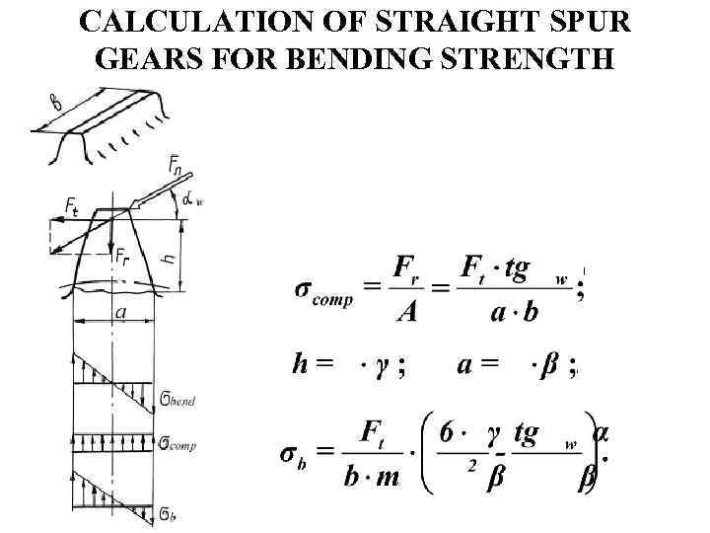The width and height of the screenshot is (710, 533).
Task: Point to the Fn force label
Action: click(x=176, y=166)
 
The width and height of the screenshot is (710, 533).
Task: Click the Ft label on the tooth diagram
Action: click(x=72, y=205)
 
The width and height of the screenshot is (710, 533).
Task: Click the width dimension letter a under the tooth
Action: click(x=120, y=312)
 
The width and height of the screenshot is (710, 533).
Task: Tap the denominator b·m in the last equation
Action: click(x=373, y=478)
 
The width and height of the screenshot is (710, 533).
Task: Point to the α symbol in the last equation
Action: click(x=602, y=433)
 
